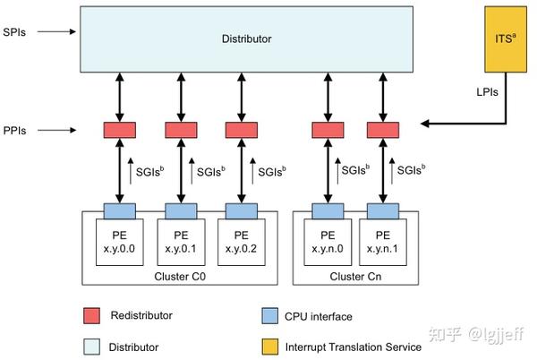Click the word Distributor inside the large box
[x=246, y=39]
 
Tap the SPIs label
[x=14, y=31]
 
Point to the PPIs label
[x=14, y=131]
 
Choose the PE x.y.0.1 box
[x=180, y=241]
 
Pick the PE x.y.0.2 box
[x=242, y=241]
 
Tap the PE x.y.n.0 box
[x=328, y=241]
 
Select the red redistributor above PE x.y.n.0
[x=328, y=131]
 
